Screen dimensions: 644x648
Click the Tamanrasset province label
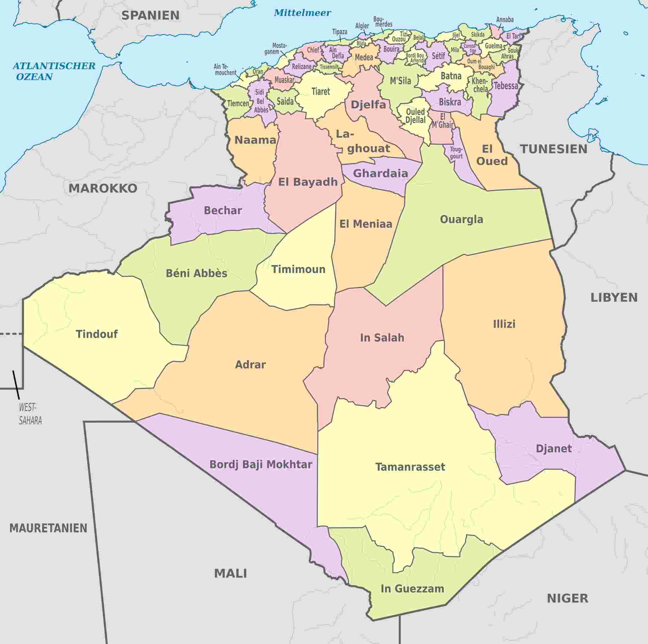[x=410, y=467]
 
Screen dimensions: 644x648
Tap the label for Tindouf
[x=97, y=334]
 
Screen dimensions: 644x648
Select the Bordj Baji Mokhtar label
[x=260, y=464]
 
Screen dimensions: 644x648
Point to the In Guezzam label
[x=412, y=588]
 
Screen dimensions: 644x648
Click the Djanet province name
[x=554, y=449]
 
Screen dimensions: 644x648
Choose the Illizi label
[x=504, y=324]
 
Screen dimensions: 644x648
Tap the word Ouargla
[x=461, y=220]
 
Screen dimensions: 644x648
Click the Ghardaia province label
[x=380, y=173]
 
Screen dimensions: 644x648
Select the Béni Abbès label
[x=196, y=273]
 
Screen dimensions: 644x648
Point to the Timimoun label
[x=298, y=270]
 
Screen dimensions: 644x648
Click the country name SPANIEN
[x=150, y=15]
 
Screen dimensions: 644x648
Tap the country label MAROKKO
[x=103, y=188]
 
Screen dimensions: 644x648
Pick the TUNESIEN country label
[x=554, y=149]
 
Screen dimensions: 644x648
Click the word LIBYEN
[x=614, y=297]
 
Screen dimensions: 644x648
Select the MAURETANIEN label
[x=48, y=528]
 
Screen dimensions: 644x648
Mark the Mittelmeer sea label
[x=302, y=13]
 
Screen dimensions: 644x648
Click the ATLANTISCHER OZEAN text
[x=54, y=71]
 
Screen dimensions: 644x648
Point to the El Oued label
[x=491, y=155]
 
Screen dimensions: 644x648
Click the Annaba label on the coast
[x=505, y=19]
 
